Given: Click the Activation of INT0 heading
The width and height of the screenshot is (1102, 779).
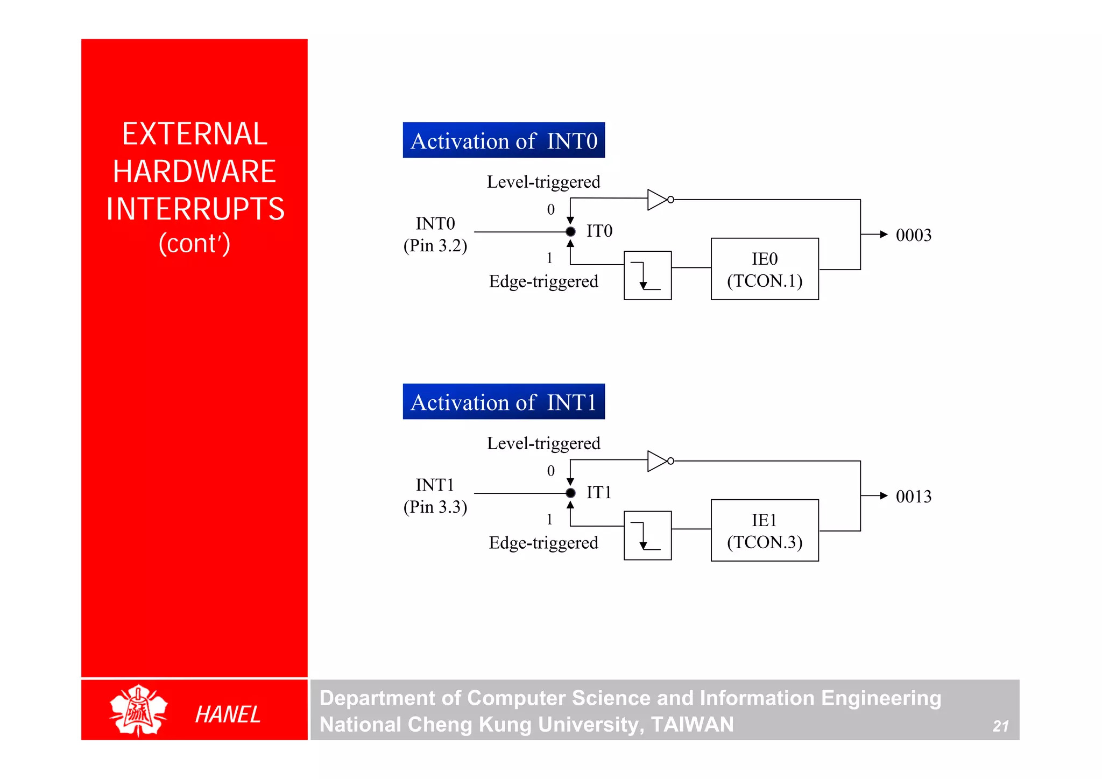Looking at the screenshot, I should tap(504, 140).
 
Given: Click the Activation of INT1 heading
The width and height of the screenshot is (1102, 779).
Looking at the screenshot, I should tap(504, 402).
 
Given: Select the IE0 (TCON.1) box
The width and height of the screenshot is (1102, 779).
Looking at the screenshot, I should tap(765, 269).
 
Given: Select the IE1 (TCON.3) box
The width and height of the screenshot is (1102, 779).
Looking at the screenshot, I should tap(765, 530).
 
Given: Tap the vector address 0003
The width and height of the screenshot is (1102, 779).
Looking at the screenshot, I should tap(913, 235).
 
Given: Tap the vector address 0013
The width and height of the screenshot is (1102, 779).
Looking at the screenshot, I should tap(913, 497).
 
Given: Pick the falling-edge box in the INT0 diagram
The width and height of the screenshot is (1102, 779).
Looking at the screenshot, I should tap(647, 275).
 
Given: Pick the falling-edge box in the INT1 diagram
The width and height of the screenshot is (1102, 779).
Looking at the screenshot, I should tap(647, 536).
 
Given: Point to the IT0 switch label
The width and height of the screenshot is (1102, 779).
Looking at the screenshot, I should tap(599, 231).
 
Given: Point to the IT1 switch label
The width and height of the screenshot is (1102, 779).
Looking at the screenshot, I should tap(599, 492).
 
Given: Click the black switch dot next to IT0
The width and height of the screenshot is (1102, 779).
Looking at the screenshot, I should tap(570, 232).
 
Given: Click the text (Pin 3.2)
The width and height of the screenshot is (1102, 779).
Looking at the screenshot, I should tap(435, 246).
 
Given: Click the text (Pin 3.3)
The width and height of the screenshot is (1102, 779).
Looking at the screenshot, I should tap(435, 507).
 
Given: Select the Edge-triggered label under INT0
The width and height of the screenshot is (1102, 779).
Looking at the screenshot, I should tap(543, 281).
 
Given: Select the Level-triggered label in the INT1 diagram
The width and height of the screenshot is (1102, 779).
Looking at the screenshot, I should tap(543, 443).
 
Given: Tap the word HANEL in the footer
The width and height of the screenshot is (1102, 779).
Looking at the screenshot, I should tap(228, 714).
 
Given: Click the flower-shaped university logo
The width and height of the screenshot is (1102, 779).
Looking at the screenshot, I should tap(138, 711).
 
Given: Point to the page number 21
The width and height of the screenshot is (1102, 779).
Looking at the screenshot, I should tap(1000, 726).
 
